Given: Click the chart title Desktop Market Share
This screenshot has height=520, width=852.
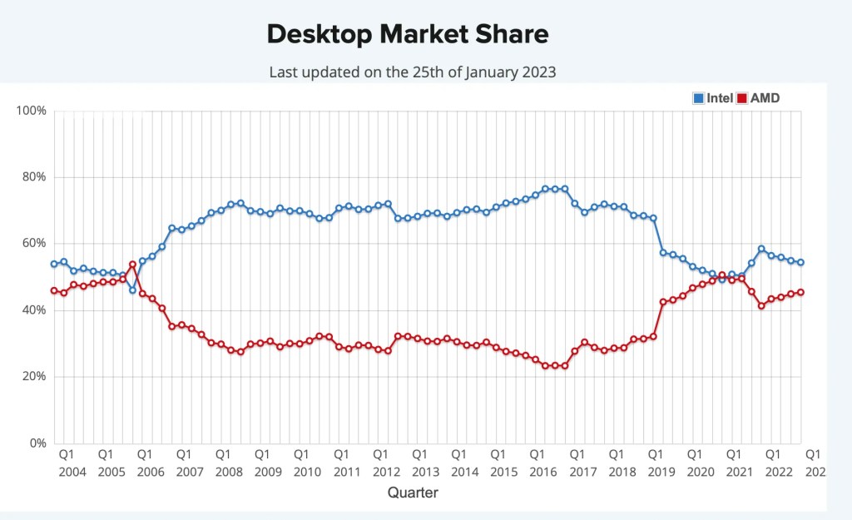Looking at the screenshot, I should (408, 34).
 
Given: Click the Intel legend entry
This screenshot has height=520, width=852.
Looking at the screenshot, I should (713, 98).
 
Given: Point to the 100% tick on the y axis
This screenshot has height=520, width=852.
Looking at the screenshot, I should (32, 111).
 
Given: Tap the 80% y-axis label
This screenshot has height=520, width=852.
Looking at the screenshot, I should (34, 177).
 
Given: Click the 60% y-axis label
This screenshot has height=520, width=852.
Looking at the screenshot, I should (34, 244).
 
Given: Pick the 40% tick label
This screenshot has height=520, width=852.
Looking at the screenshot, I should (34, 310).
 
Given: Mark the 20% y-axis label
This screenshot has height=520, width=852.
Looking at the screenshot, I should (34, 377).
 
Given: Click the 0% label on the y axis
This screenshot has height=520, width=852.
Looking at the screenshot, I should (37, 443).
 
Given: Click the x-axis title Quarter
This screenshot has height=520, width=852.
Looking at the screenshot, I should (413, 493).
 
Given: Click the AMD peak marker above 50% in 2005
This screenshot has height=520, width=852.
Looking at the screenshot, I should (132, 265).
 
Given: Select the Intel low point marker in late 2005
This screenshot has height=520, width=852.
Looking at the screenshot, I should (132, 290).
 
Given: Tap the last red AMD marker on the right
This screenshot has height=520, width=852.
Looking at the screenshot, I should (800, 292).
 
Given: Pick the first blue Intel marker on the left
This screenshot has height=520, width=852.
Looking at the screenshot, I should (54, 264).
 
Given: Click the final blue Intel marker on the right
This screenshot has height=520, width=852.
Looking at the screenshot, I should (800, 262).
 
